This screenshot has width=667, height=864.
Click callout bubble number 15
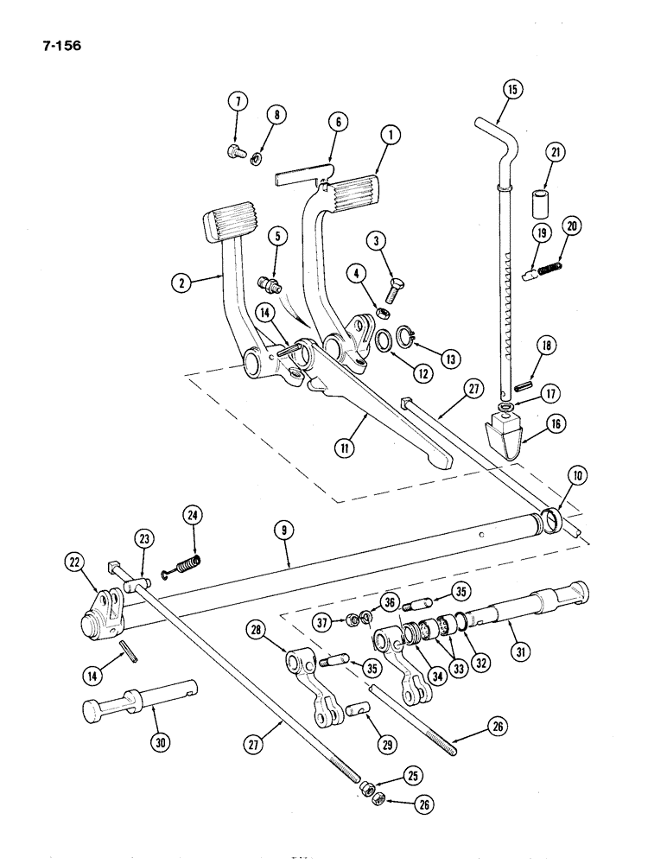click(511, 90)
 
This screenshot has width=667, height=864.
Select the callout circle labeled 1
click(391, 134)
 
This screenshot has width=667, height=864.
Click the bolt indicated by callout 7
click(233, 152)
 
